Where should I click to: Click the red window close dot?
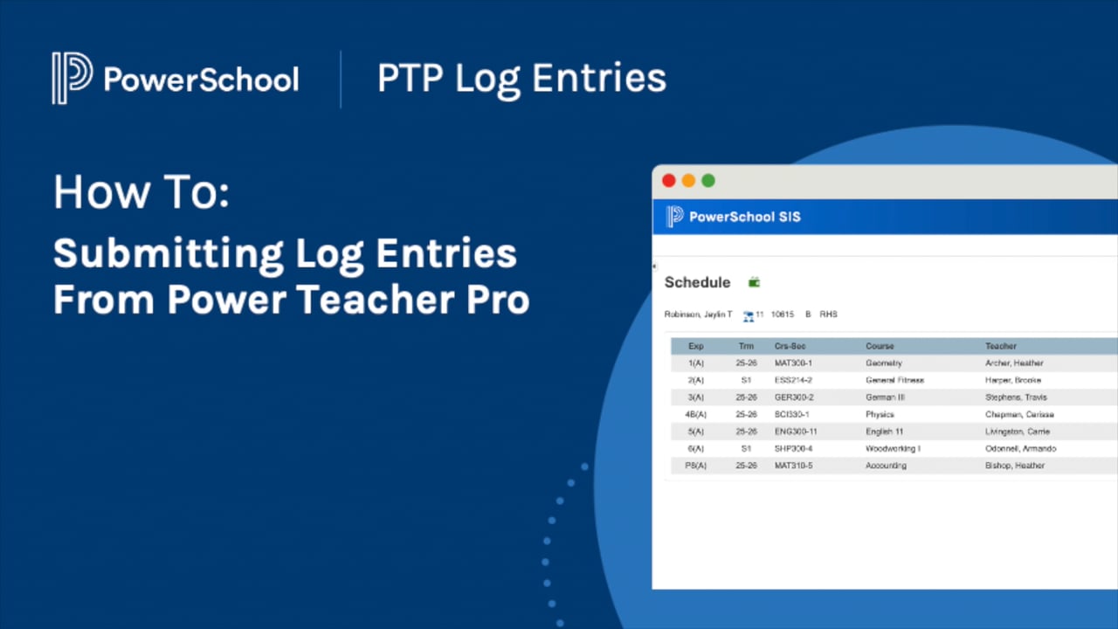(669, 181)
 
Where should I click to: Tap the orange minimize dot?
(688, 181)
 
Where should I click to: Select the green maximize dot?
(708, 181)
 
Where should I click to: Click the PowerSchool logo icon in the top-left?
(72, 79)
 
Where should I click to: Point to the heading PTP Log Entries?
(521, 79)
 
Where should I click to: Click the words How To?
(141, 192)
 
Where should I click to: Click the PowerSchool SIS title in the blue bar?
(744, 217)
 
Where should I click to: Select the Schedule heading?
(697, 282)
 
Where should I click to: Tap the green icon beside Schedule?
(755, 282)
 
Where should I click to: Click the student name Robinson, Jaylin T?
(698, 314)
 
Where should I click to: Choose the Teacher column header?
(1001, 346)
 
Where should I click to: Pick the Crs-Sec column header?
(790, 346)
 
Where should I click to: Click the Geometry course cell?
(883, 363)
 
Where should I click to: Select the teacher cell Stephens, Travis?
(1016, 397)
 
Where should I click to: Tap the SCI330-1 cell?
(791, 414)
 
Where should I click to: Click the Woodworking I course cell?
(893, 448)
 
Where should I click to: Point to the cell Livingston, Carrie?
(1018, 432)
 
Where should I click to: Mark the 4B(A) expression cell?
(696, 414)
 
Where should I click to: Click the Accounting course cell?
(886, 466)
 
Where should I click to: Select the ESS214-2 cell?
(793, 380)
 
